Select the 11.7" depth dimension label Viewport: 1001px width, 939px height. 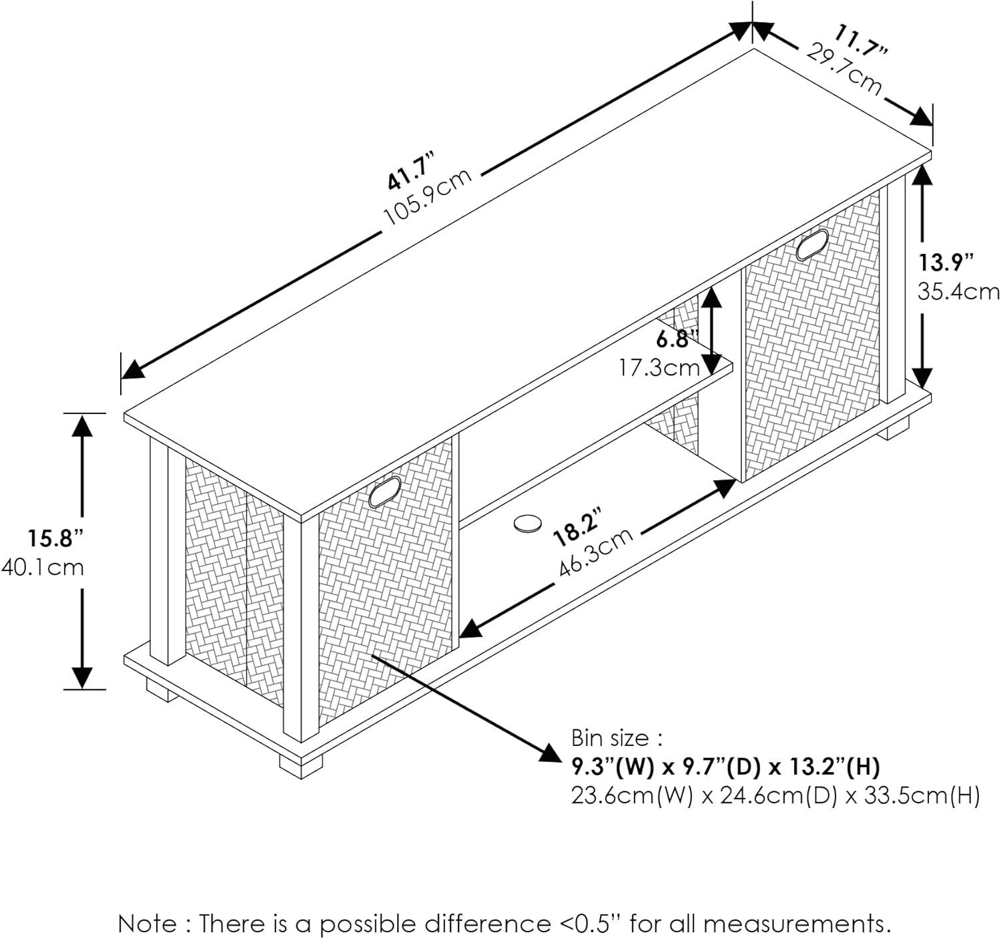860,40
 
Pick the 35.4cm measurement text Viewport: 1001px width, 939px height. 958,292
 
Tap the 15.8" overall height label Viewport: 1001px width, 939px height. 55,538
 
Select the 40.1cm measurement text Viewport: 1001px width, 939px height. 42,567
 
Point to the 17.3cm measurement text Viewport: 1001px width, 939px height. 659,368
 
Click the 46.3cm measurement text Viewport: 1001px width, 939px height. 596,552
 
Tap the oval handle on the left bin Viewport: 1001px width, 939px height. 384,492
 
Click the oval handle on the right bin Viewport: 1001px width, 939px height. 813,244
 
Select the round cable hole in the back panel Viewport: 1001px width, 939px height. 528,523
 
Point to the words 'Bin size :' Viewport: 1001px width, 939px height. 617,739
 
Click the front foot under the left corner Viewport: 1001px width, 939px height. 301,766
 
